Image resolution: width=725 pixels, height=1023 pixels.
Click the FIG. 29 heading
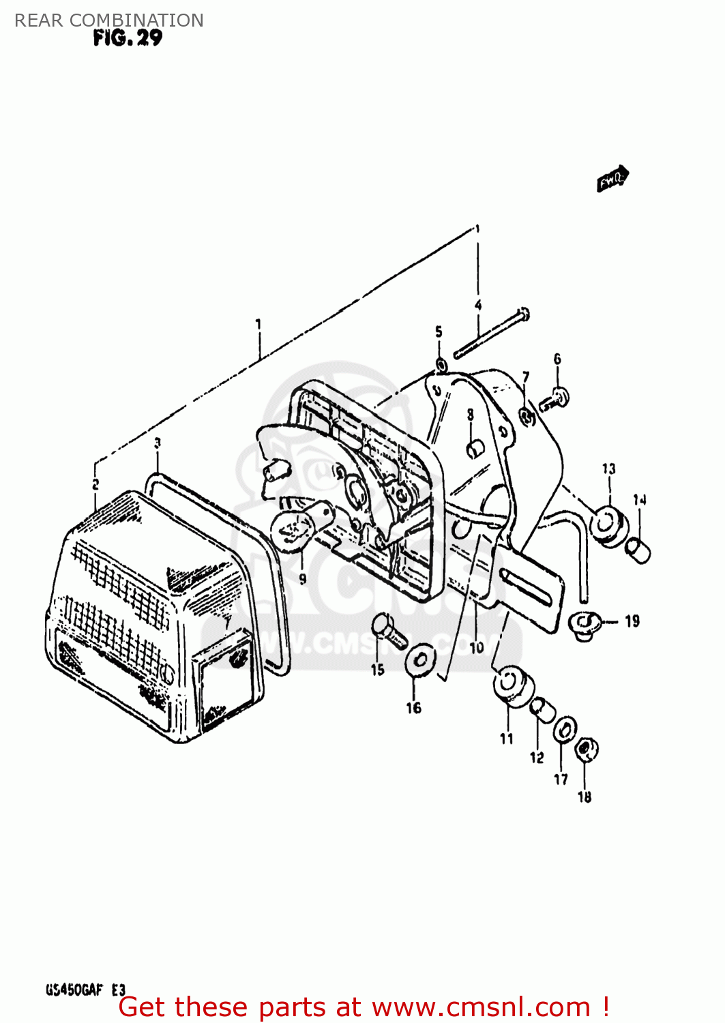click(128, 38)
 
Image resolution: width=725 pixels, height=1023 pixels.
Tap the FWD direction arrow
click(612, 179)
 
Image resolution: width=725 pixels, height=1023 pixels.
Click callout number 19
click(632, 621)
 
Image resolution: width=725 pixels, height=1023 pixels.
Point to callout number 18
click(585, 797)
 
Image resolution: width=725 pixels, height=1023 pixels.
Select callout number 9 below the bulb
click(302, 579)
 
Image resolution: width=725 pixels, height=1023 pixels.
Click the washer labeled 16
click(421, 660)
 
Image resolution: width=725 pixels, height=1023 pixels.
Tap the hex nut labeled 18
click(585, 750)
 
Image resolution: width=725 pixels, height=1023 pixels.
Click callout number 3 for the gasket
click(158, 443)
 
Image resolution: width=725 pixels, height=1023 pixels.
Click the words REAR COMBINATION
click(109, 20)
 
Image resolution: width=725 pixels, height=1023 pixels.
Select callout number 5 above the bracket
click(439, 332)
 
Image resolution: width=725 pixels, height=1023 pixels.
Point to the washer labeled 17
click(564, 730)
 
